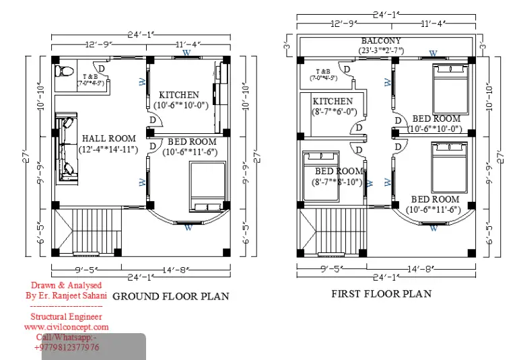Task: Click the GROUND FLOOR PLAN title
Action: point(170,296)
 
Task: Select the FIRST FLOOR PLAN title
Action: point(381,293)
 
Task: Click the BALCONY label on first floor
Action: point(381,41)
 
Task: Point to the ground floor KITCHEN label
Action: point(179,95)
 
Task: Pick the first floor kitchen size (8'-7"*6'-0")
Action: point(334,112)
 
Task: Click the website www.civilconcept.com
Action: point(66,327)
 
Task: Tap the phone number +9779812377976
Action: point(66,347)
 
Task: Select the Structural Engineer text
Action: point(66,316)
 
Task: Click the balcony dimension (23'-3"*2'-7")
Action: point(381,50)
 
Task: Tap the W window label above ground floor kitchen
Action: point(186,52)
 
